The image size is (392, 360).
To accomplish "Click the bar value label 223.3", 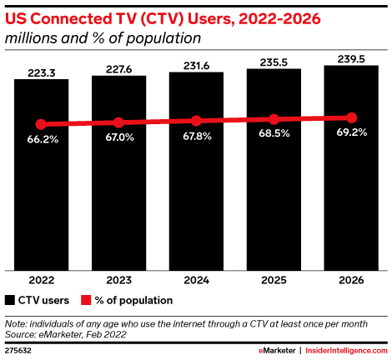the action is pos(42,73).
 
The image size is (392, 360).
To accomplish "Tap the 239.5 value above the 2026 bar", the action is pos(351,59).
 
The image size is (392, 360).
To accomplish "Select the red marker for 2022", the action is pos(41,124).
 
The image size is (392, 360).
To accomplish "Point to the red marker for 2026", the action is pos(351,117).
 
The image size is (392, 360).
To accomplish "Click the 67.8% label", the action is pos(197,137).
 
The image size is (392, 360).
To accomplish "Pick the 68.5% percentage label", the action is pos(274,133).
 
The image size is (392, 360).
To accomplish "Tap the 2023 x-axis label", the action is pos(118,280).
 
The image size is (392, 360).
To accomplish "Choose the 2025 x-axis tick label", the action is pos(274,280).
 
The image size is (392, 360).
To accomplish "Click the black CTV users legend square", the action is pos(10,300).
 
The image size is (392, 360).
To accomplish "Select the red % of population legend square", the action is pos(86,300).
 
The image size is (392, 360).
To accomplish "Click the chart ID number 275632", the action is pos(18,351).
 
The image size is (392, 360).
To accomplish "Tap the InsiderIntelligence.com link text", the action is pos(346,351).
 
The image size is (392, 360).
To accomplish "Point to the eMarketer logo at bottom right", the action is pos(277,351).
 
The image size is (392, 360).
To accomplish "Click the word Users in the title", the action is pos(211,19).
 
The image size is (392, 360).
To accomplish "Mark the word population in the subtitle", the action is pos(163,38).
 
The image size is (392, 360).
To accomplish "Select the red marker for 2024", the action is pos(196,121).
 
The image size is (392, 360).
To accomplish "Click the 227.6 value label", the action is pos(119,69).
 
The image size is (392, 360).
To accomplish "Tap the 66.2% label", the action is pos(43,139).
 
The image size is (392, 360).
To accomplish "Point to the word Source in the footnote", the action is pos(19,334).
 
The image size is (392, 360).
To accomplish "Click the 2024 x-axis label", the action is pos(196,280).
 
